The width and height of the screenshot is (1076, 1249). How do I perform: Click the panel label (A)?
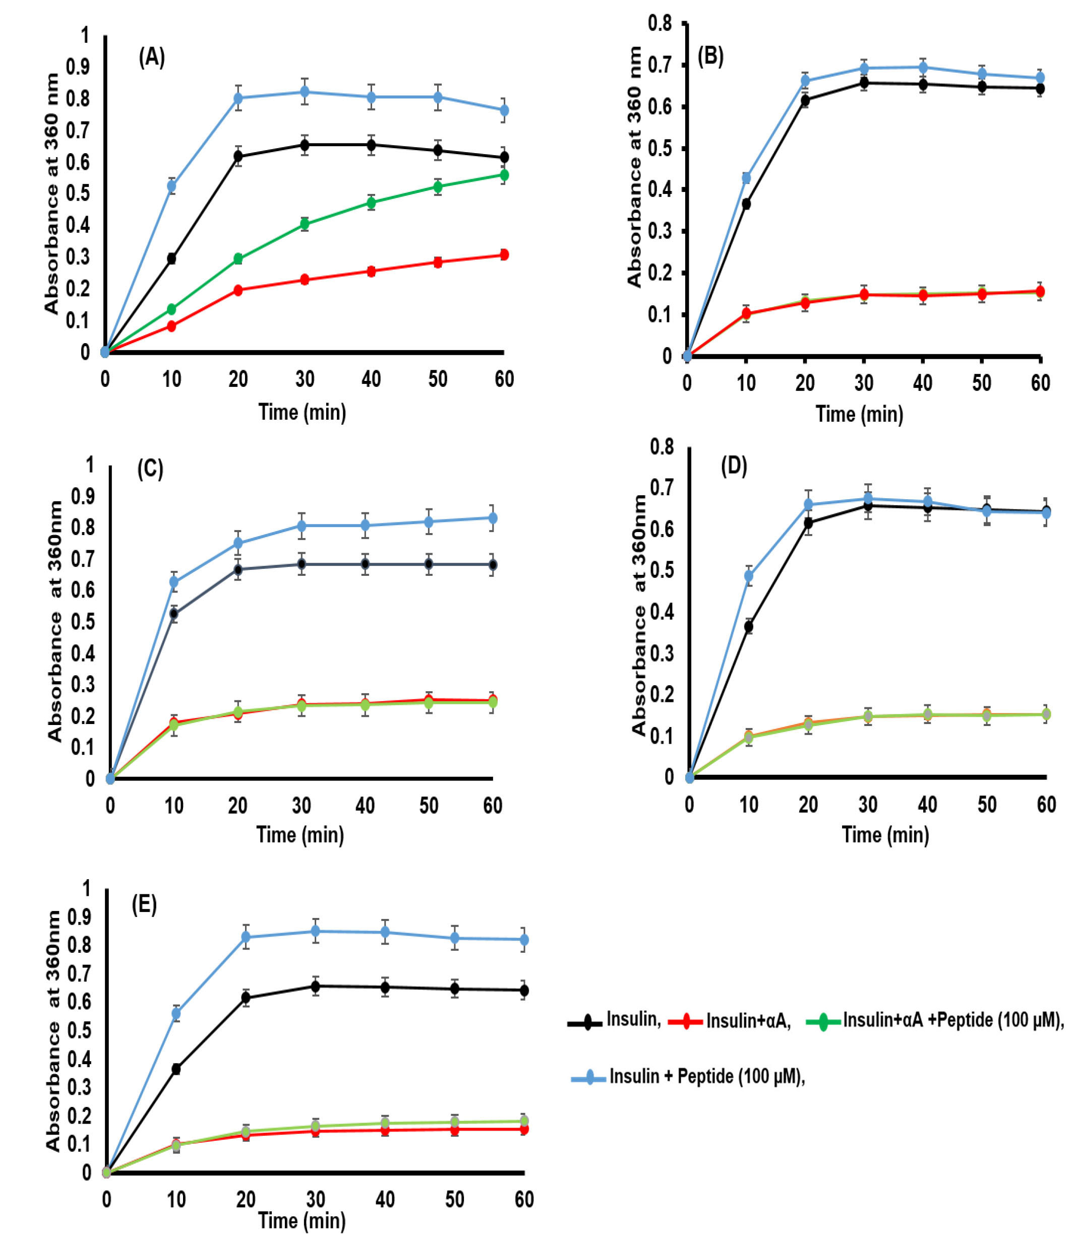(151, 58)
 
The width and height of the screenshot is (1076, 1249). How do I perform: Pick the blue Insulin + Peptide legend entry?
(688, 1076)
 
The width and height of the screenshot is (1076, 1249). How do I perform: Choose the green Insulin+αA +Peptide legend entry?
(934, 1020)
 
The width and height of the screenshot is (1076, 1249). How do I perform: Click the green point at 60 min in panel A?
(504, 175)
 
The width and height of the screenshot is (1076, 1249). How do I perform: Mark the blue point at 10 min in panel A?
(171, 185)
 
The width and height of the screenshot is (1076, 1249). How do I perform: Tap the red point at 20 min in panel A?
(237, 290)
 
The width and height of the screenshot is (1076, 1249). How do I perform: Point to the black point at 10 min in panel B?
(746, 204)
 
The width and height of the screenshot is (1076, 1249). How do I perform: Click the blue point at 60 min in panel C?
(492, 518)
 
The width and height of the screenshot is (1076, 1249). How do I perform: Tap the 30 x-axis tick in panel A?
(305, 379)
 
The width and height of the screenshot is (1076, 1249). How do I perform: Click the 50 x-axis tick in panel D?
(987, 804)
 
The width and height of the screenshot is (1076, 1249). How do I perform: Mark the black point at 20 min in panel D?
(808, 523)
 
